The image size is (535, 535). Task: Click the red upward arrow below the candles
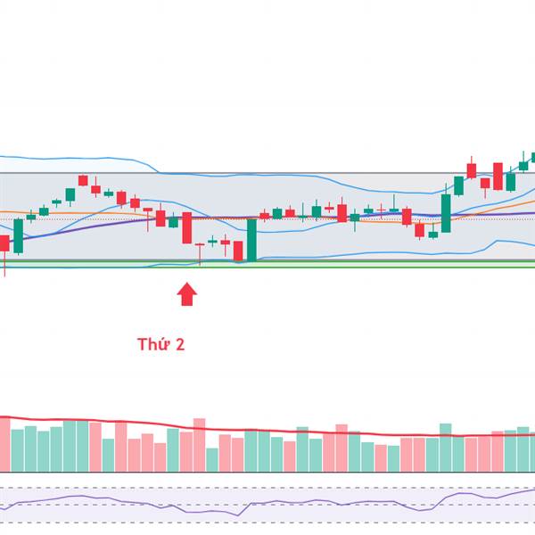(187, 294)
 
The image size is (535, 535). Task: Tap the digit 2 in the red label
(180, 344)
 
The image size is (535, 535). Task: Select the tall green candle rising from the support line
(252, 239)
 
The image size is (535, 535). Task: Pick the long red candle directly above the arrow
(187, 227)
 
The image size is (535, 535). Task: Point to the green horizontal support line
(357, 266)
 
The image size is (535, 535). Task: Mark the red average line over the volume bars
(267, 429)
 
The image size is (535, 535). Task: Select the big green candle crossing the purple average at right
(446, 213)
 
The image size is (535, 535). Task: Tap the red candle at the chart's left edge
(4, 243)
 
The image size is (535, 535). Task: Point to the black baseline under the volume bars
(267, 472)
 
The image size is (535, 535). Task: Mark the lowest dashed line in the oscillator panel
(267, 523)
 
